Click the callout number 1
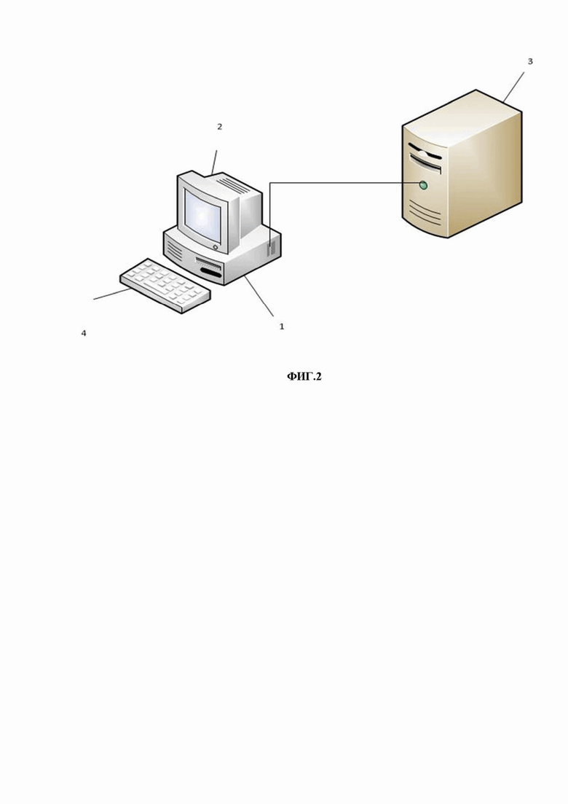pyautogui.click(x=281, y=326)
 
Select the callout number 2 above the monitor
pyautogui.click(x=220, y=127)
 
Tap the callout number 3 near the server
pyautogui.click(x=530, y=61)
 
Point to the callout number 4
pyautogui.click(x=84, y=333)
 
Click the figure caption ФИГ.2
pyautogui.click(x=304, y=377)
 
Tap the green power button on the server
pyautogui.click(x=423, y=185)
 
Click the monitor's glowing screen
pyautogui.click(x=203, y=216)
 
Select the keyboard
pyautogui.click(x=165, y=286)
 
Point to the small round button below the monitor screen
pyautogui.click(x=215, y=247)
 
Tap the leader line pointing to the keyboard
pyautogui.click(x=111, y=294)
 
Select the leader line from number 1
pyautogui.click(x=259, y=296)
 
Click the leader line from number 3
pyautogui.click(x=513, y=87)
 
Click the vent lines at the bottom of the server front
pyautogui.click(x=425, y=212)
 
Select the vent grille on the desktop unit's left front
pyautogui.click(x=175, y=251)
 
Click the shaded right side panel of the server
pyautogui.click(x=485, y=174)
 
